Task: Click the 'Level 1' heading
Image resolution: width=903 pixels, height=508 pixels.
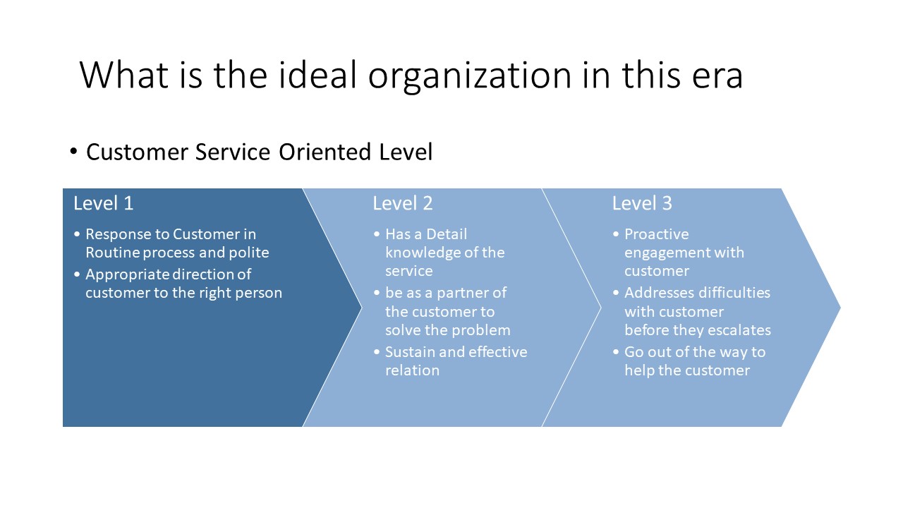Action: click(x=103, y=203)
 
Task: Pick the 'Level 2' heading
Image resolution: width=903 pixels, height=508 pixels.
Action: click(x=403, y=203)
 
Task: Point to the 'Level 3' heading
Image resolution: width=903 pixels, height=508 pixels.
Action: click(x=642, y=203)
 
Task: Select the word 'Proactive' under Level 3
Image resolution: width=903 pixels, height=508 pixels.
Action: click(x=656, y=234)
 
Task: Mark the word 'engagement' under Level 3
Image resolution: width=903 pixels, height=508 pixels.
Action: click(x=667, y=253)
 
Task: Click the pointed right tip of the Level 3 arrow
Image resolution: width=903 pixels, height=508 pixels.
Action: click(x=839, y=307)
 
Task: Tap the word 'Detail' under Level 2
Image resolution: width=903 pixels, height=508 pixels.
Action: click(x=446, y=234)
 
